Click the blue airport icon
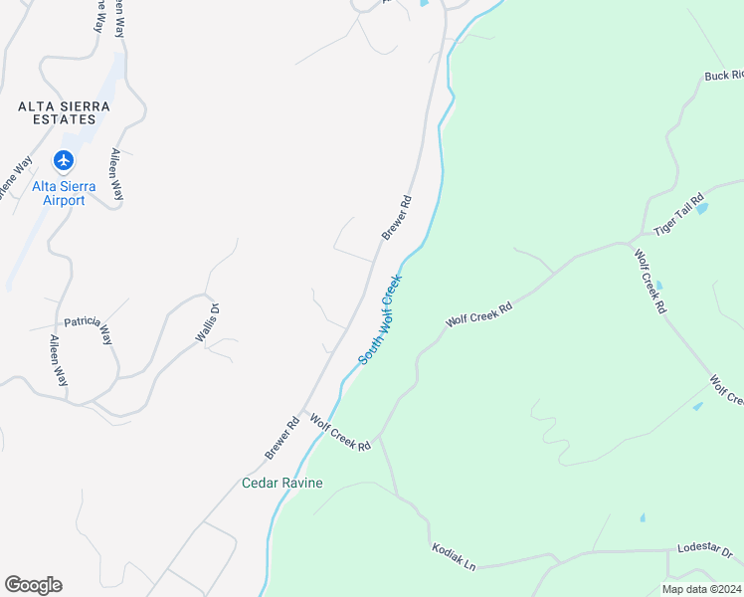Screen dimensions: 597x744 click(65, 160)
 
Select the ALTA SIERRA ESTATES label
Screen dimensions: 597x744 click(63, 112)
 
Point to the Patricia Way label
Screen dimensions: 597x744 click(89, 329)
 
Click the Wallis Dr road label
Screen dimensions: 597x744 click(206, 323)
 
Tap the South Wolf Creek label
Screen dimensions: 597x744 click(379, 319)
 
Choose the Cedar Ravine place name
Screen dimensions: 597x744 click(282, 484)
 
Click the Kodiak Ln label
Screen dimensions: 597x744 click(454, 557)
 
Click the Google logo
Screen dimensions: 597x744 click(33, 585)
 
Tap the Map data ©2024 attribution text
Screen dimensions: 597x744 click(702, 589)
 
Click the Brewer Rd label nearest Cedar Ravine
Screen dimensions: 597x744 click(282, 438)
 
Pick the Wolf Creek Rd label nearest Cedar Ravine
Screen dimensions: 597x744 click(340, 433)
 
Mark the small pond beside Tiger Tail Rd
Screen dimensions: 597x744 click(702, 209)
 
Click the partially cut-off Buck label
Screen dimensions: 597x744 click(723, 76)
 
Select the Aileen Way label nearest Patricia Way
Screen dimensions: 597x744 click(60, 360)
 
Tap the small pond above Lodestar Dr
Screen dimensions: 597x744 click(643, 518)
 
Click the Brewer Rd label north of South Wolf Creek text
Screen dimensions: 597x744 click(396, 218)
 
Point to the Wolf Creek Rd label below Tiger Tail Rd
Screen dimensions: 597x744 click(649, 283)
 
